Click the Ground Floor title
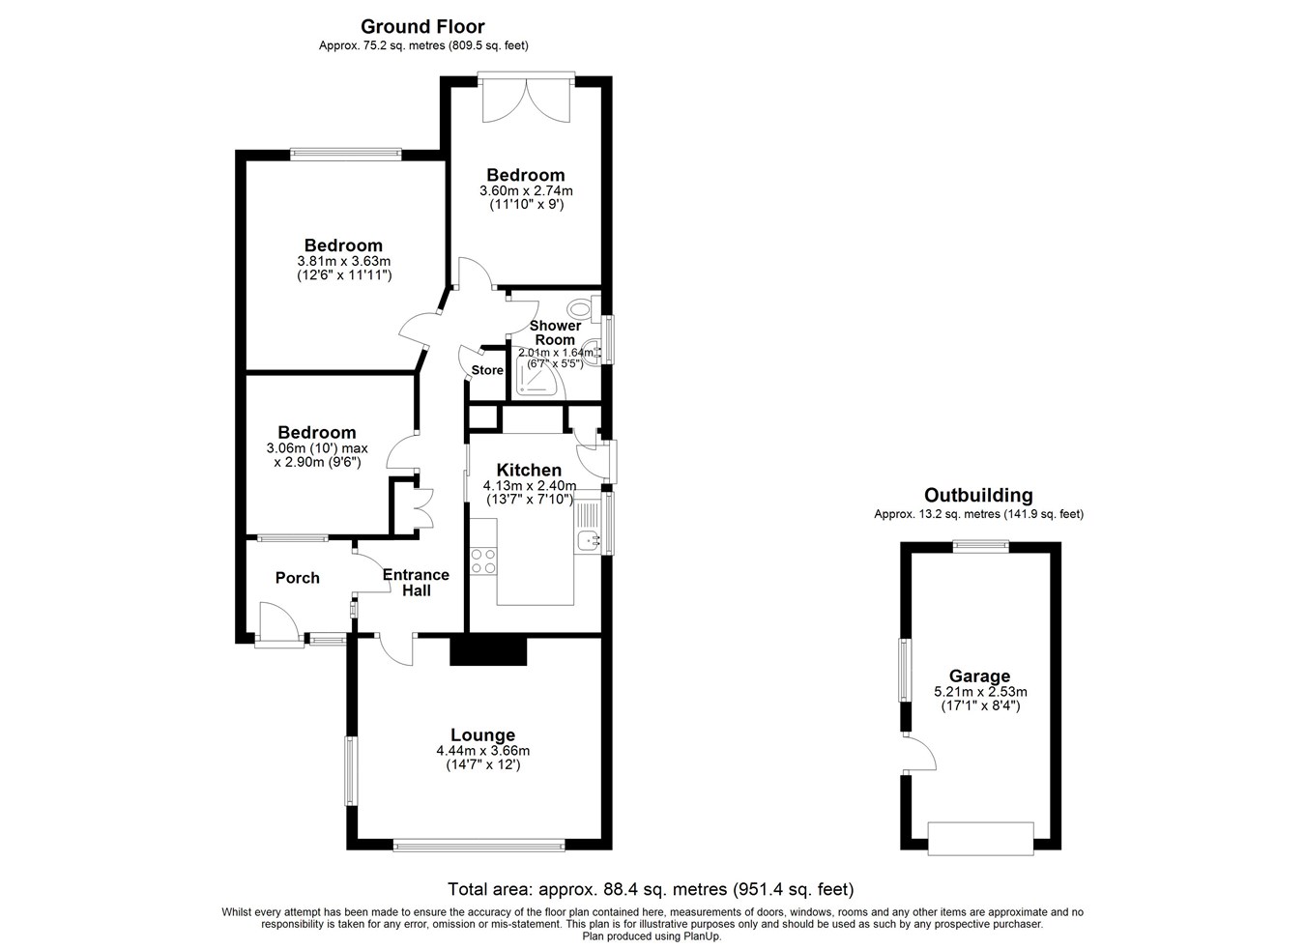(x=422, y=27)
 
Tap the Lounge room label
(x=483, y=734)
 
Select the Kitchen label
(x=529, y=470)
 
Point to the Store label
(x=487, y=370)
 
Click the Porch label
(x=297, y=577)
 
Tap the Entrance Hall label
(x=416, y=583)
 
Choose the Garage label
(x=980, y=676)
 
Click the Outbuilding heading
(x=978, y=495)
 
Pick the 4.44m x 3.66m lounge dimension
(x=483, y=751)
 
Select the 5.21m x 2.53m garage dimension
(x=980, y=692)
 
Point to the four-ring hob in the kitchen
(x=483, y=561)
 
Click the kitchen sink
(x=589, y=541)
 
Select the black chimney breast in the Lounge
(x=488, y=650)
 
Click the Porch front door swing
(x=279, y=623)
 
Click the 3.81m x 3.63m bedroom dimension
(x=344, y=261)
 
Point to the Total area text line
(x=651, y=890)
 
